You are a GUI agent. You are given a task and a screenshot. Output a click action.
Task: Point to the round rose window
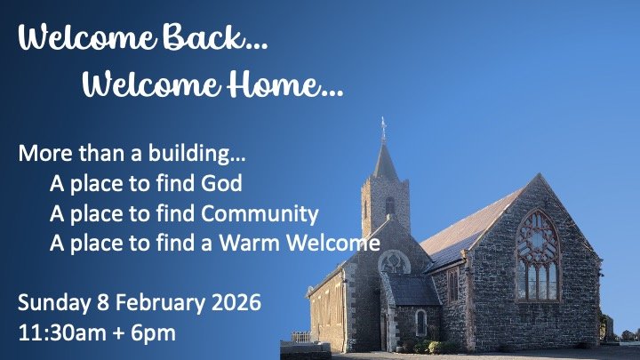pyautogui.click(x=394, y=263)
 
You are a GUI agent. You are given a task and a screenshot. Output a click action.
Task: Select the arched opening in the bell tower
pyautogui.click(x=389, y=207)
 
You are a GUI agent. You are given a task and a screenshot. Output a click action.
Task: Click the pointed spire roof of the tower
pyautogui.click(x=385, y=160)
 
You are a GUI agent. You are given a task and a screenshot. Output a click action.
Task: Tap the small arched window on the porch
pyautogui.click(x=420, y=322)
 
